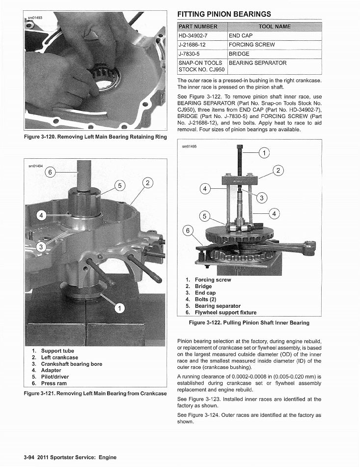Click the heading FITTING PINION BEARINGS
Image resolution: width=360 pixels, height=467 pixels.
click(x=223, y=14)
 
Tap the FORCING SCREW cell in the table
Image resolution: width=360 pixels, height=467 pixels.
click(x=251, y=45)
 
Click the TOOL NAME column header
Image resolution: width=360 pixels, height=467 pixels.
click(x=274, y=27)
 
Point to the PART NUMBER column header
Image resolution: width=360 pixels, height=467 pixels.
click(x=198, y=27)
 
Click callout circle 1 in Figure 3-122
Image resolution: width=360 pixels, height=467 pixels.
click(x=264, y=153)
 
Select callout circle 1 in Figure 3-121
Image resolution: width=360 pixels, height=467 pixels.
click(x=118, y=308)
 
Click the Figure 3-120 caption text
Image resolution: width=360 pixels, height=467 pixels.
click(x=95, y=137)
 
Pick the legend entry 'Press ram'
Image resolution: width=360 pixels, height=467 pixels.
click(x=54, y=383)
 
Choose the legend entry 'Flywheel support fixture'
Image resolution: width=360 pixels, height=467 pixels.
click(x=225, y=312)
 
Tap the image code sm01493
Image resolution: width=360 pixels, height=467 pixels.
click(x=34, y=18)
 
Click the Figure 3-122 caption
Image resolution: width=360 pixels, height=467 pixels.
click(x=249, y=322)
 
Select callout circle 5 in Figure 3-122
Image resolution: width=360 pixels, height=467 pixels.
click(x=205, y=216)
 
